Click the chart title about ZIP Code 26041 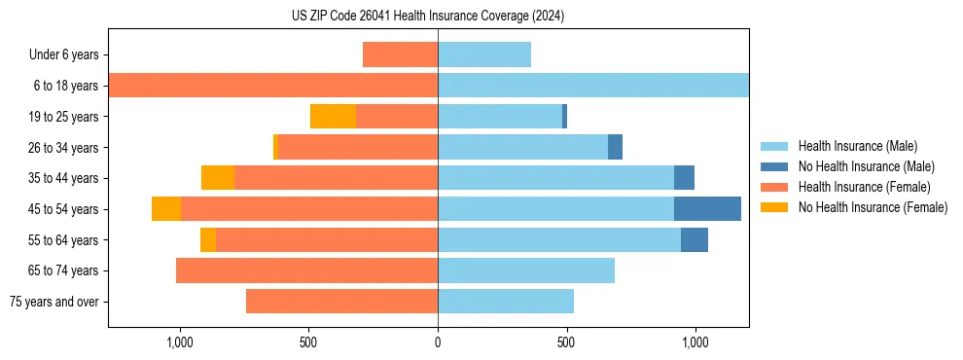(x=428, y=17)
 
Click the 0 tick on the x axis (x=438, y=342)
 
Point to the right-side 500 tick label (x=566, y=342)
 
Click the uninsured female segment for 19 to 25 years (x=333, y=116)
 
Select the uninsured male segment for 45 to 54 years (x=707, y=209)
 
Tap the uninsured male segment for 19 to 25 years (x=564, y=116)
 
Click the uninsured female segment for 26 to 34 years (x=275, y=147)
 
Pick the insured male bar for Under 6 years (x=484, y=54)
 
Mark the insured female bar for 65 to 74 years (x=306, y=270)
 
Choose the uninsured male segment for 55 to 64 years (x=695, y=239)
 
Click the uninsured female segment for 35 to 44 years (x=218, y=178)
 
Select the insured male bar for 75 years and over (x=506, y=302)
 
